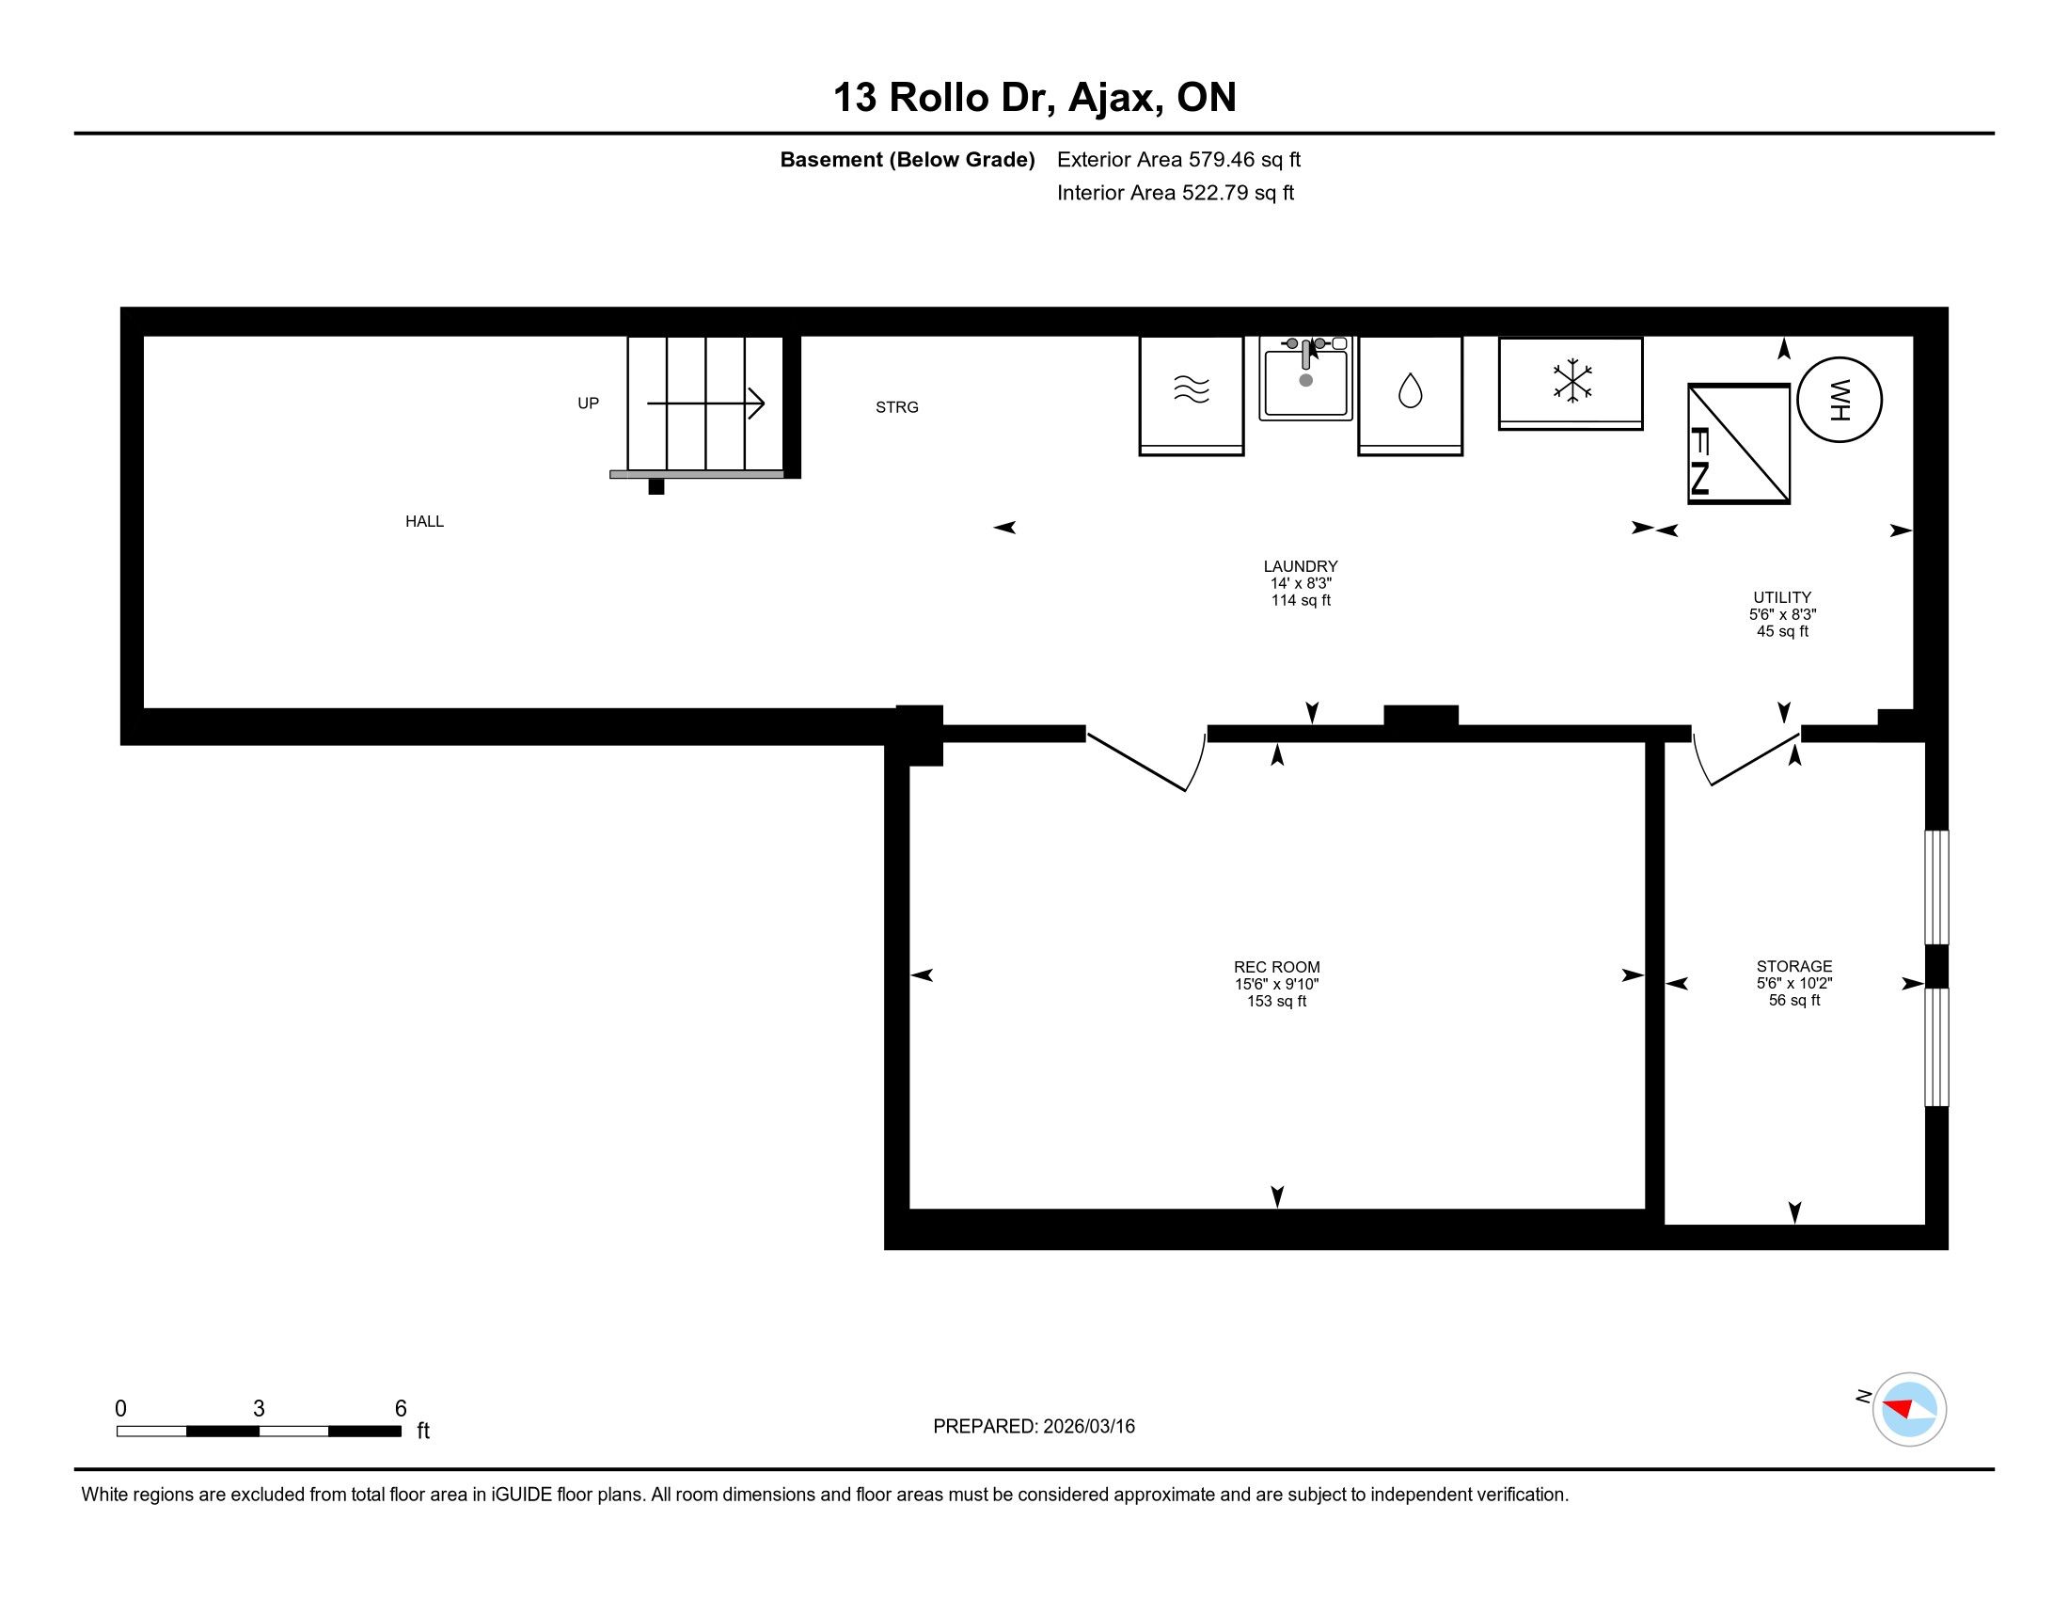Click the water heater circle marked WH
pos(1839,400)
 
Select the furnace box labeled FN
pos(1739,443)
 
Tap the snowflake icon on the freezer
pos(1571,381)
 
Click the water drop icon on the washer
pos(1411,390)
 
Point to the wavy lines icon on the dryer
pos(1192,389)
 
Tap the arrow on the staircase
pos(705,404)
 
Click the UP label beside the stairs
pos(589,404)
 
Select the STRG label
pos(897,407)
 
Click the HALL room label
pos(424,521)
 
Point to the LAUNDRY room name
pos(1301,566)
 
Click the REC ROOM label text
pos(1277,967)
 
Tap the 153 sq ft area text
pos(1277,1002)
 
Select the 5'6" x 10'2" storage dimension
pos(1794,983)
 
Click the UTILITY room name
pos(1782,597)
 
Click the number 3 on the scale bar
pos(259,1409)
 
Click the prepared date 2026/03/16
pos(1088,1427)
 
